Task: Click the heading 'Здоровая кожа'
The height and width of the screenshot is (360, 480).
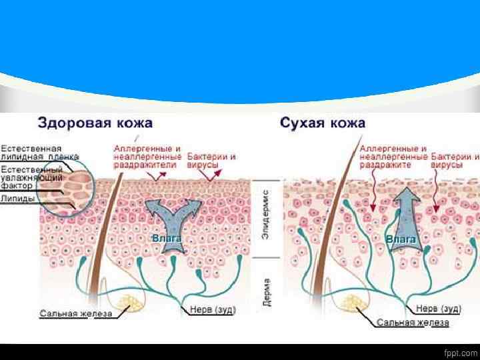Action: click(95, 123)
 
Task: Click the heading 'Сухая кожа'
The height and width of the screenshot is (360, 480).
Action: click(323, 123)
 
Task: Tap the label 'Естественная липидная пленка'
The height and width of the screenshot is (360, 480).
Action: click(31, 152)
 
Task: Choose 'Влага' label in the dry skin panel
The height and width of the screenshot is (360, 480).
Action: click(401, 238)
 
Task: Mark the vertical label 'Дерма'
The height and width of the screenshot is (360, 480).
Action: click(266, 291)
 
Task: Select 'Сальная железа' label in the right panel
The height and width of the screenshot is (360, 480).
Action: click(413, 323)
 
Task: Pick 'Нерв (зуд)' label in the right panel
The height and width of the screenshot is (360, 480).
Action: click(439, 309)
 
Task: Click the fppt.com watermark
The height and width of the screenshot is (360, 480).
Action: click(459, 352)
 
